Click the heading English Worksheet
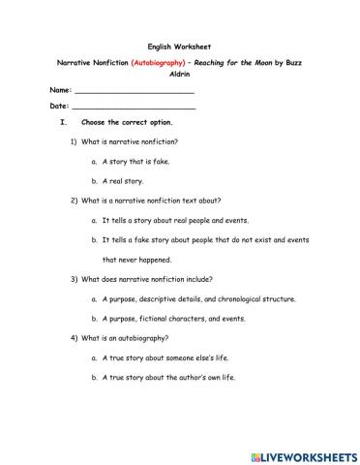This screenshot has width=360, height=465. click(x=179, y=46)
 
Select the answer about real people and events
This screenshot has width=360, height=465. click(x=182, y=220)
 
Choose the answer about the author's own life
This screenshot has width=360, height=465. click(x=168, y=377)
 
